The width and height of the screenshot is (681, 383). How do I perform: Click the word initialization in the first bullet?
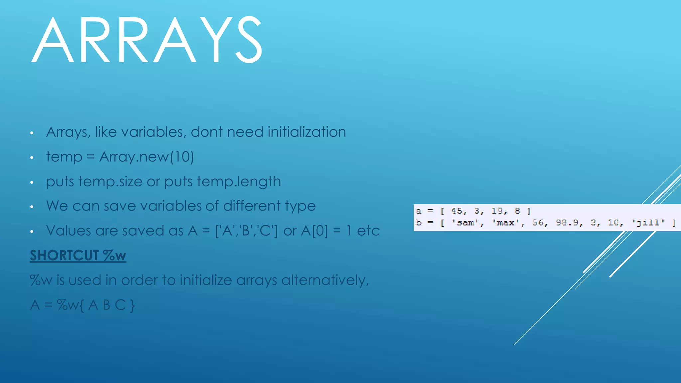point(307,132)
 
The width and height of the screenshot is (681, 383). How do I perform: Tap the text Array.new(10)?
point(146,157)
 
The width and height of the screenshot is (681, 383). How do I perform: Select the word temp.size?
point(110,182)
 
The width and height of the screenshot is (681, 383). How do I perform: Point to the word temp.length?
point(238,182)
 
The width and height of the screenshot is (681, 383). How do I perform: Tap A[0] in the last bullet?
point(314,231)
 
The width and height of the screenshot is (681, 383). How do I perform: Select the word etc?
point(368,231)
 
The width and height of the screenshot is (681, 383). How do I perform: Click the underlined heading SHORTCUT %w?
point(78,255)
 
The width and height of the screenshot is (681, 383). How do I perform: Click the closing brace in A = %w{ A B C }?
point(132,305)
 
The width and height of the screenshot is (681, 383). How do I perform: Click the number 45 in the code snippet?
point(457,211)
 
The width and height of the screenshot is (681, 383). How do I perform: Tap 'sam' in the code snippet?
point(462,223)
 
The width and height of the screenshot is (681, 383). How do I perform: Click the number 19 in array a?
point(497,211)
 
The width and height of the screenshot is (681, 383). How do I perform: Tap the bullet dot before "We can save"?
point(32,207)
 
